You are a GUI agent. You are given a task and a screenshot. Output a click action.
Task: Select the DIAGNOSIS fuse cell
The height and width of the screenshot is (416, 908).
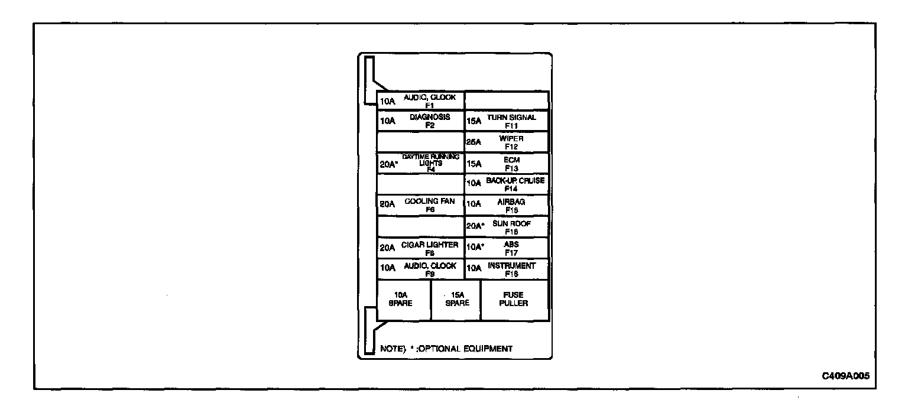pyautogui.click(x=420, y=121)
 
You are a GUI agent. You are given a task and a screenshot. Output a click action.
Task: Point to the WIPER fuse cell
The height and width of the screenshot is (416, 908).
pyautogui.click(x=507, y=142)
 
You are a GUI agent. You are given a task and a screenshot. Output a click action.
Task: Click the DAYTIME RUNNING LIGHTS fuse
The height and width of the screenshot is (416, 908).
pyautogui.click(x=420, y=163)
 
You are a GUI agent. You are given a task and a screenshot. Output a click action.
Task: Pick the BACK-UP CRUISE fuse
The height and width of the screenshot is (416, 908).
pyautogui.click(x=507, y=184)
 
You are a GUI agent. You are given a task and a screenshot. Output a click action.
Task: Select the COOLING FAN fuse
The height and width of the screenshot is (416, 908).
pyautogui.click(x=420, y=205)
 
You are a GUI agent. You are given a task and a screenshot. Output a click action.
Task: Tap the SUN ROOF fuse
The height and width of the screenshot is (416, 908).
pyautogui.click(x=507, y=227)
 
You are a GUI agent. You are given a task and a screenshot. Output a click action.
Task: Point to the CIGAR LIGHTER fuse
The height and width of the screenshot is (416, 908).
pyautogui.click(x=420, y=248)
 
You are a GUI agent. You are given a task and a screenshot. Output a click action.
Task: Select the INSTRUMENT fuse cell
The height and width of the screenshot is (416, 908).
pyautogui.click(x=507, y=269)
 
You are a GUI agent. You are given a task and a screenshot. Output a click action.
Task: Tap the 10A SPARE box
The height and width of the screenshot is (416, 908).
pyautogui.click(x=404, y=300)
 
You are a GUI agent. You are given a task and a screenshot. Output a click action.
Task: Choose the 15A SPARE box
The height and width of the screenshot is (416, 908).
pyautogui.click(x=456, y=300)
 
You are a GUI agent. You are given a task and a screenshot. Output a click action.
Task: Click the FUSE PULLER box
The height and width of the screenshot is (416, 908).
pyautogui.click(x=514, y=300)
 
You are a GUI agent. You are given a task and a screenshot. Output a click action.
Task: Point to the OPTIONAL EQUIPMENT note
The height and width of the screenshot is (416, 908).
pyautogui.click(x=446, y=349)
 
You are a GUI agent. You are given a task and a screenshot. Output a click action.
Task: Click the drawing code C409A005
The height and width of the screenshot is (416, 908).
pyautogui.click(x=845, y=376)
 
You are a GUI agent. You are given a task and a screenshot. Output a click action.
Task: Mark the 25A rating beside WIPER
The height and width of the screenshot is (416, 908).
pyautogui.click(x=474, y=142)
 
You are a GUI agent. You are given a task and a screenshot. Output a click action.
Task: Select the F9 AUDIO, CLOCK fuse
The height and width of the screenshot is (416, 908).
pyautogui.click(x=420, y=269)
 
